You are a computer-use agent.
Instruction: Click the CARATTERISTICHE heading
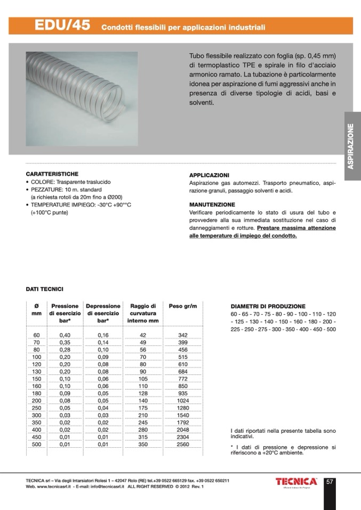52,174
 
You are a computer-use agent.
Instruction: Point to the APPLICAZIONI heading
209,175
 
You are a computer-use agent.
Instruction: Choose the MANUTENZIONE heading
212,204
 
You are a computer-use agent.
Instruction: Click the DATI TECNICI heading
45,289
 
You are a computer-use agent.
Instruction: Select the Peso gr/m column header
182,306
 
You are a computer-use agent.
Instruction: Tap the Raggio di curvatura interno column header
143,314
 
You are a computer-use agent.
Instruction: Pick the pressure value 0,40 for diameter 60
65,334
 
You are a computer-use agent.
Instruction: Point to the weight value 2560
182,443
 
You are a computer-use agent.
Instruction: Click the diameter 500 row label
36,443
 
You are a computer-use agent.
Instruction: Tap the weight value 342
182,334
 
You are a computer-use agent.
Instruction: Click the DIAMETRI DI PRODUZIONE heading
268,307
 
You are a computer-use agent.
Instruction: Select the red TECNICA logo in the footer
296,482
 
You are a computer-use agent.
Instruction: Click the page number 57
330,482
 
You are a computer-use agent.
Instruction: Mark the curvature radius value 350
143,443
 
